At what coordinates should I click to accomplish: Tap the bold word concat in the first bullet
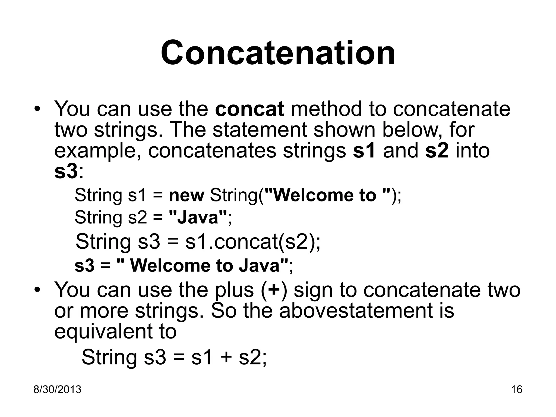(249, 109)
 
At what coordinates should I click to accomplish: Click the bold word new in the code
(186, 195)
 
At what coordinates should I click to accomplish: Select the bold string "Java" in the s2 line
(198, 217)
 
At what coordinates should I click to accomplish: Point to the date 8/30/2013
(57, 390)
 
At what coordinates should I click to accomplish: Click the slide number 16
(517, 390)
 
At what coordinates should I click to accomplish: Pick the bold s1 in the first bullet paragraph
(364, 151)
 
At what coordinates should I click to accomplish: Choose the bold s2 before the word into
(437, 151)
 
